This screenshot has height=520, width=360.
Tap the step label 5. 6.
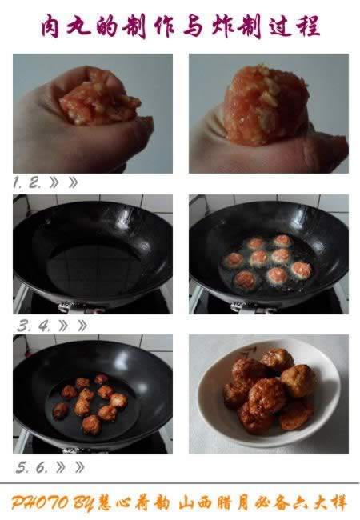point(30,466)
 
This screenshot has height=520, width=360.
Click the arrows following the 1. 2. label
point(63,182)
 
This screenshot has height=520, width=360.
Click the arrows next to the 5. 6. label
point(67,466)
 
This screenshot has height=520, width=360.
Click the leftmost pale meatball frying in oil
point(233,260)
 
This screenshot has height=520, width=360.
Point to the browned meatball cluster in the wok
point(90,402)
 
